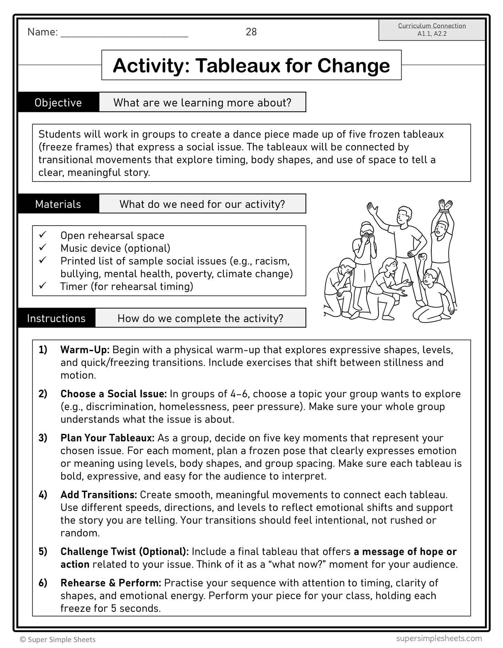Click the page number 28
[x=251, y=32]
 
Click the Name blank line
[x=124, y=35]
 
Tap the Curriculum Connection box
[x=432, y=30]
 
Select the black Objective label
[x=58, y=103]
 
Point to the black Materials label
[x=58, y=204]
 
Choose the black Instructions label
[x=56, y=318]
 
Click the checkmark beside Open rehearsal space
[x=43, y=235]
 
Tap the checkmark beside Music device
[x=43, y=248]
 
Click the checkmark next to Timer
[x=43, y=286]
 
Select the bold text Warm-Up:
[x=85, y=350]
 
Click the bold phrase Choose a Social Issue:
[x=113, y=394]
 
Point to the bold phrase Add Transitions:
[x=99, y=495]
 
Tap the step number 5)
[x=43, y=552]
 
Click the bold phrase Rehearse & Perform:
[x=111, y=583]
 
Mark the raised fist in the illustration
[x=423, y=258]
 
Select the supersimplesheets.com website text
[x=439, y=639]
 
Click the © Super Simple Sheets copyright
[x=58, y=640]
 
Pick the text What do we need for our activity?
[x=202, y=204]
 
